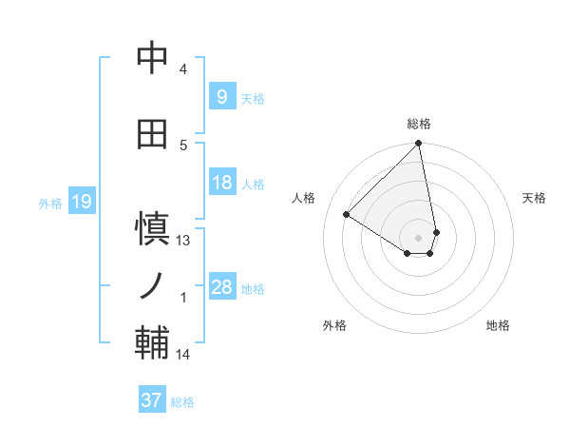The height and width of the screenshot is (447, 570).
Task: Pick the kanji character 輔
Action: [152, 341]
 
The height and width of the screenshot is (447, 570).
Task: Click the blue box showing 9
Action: [221, 96]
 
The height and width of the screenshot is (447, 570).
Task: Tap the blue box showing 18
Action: [221, 183]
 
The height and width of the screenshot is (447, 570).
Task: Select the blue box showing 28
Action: [221, 287]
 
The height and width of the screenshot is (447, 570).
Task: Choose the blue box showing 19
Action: [81, 202]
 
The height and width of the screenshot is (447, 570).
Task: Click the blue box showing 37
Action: [151, 400]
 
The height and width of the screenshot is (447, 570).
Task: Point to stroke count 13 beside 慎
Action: [183, 241]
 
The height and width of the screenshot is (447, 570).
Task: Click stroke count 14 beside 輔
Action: [183, 355]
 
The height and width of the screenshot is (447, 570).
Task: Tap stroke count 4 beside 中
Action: [183, 69]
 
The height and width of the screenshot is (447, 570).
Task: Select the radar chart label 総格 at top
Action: [419, 124]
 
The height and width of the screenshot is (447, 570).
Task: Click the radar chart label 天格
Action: [534, 198]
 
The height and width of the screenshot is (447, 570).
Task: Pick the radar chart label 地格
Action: [498, 325]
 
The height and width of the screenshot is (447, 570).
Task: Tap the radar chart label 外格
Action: [334, 325]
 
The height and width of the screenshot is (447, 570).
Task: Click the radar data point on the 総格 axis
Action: [419, 145]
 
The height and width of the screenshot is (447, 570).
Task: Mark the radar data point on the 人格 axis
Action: [347, 214]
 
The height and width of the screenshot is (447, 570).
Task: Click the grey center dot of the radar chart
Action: [419, 237]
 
